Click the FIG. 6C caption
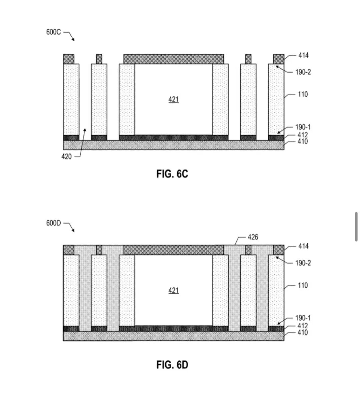172,174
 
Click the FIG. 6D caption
172,365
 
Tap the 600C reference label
53,32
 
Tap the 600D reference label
53,223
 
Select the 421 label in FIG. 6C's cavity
173,99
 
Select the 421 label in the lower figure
173,290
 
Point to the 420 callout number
66,157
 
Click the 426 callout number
253,237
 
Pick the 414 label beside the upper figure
303,55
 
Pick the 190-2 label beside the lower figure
303,263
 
